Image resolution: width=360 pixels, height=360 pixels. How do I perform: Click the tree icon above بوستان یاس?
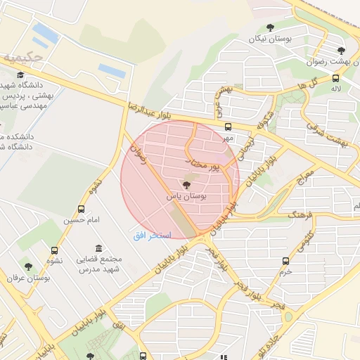(x=186, y=186)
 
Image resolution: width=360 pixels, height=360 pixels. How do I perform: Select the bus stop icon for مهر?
(x=228, y=127)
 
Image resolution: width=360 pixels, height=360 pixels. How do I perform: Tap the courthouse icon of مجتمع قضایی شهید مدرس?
(x=97, y=250)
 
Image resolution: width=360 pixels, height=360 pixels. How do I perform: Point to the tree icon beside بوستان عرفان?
(x=28, y=266)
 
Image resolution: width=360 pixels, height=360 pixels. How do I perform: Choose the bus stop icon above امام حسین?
(x=81, y=209)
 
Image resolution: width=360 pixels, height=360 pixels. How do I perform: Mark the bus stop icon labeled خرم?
(x=285, y=261)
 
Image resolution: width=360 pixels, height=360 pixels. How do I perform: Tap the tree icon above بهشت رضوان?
(x=341, y=50)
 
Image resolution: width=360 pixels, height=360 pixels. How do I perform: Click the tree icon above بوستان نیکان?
(x=271, y=28)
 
